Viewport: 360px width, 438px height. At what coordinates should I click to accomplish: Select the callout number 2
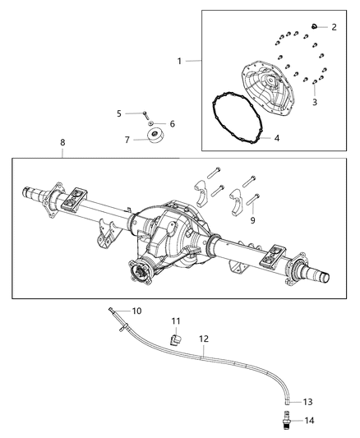pos(334,27)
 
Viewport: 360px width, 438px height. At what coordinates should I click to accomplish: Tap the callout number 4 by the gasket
pos(277,138)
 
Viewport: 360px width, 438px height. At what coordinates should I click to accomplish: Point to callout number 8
pos(62,142)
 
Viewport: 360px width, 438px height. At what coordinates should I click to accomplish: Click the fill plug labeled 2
pos(314,27)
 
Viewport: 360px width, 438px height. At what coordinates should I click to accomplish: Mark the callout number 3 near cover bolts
pos(314,102)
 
